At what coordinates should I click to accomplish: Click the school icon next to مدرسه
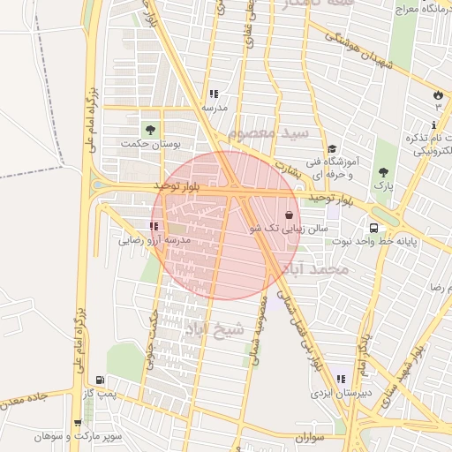coord(213,94)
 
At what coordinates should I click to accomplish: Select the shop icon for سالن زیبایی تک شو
coord(290,215)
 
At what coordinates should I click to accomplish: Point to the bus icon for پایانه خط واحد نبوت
coord(375,228)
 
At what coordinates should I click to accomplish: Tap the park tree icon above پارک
coord(382,172)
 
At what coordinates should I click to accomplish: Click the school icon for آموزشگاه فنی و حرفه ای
coord(331,149)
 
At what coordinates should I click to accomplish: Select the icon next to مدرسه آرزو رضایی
coord(154,226)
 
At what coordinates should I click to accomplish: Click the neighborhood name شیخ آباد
coord(214,329)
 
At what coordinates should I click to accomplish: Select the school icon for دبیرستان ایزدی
coord(341,380)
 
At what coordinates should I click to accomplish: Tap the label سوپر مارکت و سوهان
coord(78,436)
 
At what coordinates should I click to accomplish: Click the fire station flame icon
coord(438,94)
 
